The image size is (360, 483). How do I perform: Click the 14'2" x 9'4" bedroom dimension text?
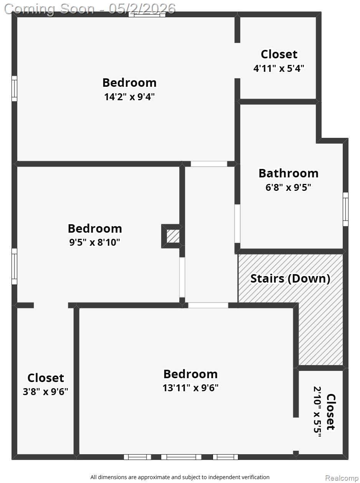(129, 97)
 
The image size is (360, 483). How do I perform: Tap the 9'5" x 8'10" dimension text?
(94, 242)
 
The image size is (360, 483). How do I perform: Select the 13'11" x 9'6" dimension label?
(190, 388)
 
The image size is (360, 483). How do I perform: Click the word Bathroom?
(289, 174)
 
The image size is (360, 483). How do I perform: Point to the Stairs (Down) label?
(290, 279)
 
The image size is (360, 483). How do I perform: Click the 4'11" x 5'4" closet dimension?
(279, 68)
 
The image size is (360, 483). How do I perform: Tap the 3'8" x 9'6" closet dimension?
(46, 392)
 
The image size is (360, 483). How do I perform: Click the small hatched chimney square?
(173, 237)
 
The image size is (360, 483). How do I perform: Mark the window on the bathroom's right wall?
(346, 209)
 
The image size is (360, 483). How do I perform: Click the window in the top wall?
(147, 15)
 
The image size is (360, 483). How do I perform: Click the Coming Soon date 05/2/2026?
(142, 9)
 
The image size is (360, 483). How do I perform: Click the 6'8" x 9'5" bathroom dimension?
(288, 187)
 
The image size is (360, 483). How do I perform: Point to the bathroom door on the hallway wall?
(237, 223)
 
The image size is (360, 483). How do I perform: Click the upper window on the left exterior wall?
(14, 88)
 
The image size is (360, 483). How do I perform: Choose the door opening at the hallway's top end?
(209, 164)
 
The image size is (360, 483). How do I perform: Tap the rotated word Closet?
(331, 412)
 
